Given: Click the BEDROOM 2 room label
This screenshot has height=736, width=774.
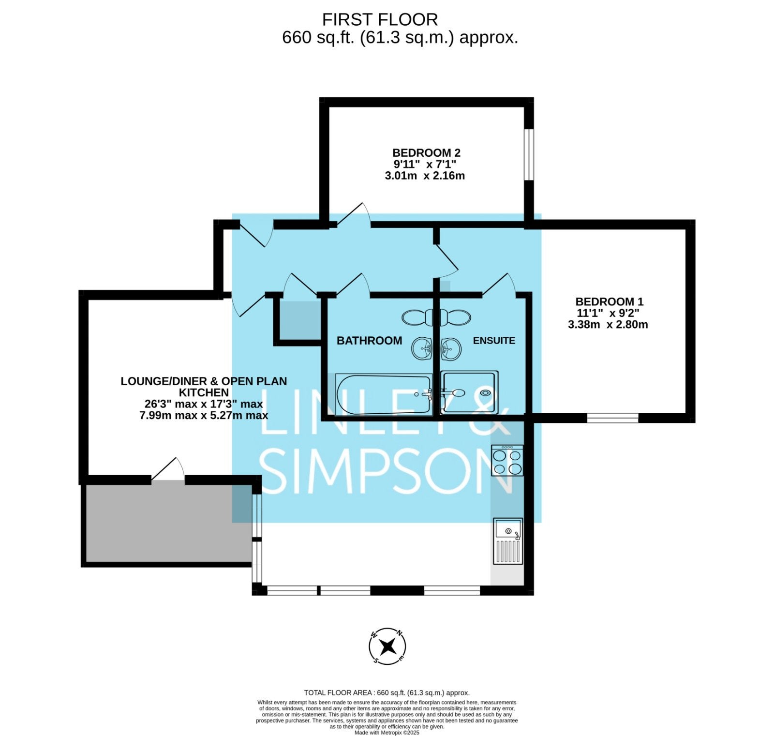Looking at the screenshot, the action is click(426, 153).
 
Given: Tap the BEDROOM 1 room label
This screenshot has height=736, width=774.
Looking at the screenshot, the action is click(609, 301).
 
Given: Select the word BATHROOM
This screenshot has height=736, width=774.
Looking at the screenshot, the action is click(369, 341).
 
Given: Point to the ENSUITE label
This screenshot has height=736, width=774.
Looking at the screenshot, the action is click(494, 341).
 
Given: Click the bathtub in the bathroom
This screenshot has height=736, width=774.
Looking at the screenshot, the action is click(384, 394).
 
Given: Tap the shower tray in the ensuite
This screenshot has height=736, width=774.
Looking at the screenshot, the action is click(469, 392).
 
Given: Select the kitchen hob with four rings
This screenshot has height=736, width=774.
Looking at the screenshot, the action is click(507, 460).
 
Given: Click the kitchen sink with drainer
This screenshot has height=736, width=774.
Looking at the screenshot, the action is click(508, 541).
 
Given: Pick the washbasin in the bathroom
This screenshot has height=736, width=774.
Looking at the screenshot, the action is click(422, 348).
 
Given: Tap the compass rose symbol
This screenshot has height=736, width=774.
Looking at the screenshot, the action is click(387, 646).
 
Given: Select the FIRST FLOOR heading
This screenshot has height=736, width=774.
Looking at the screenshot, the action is click(380, 20).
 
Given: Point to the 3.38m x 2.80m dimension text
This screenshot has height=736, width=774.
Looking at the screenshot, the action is click(608, 325).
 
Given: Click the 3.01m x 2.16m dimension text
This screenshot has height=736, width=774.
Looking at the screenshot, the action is click(425, 176).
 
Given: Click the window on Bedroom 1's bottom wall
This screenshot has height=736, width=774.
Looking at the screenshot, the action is click(613, 418).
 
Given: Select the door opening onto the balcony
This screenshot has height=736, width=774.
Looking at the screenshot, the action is click(168, 469).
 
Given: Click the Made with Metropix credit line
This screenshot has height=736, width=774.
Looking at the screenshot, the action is click(387, 733).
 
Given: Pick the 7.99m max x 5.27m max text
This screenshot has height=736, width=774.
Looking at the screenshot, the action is click(204, 416).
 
